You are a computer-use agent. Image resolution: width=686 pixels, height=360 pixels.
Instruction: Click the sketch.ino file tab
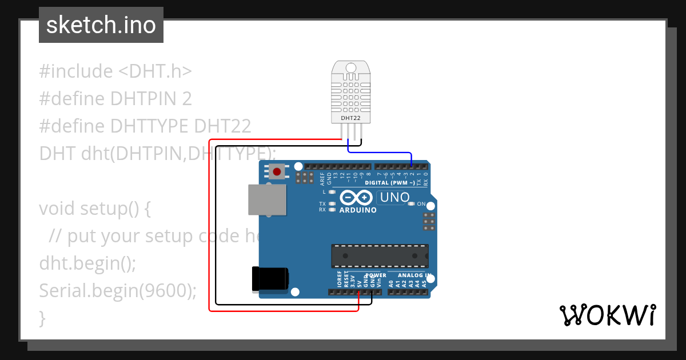point(101,25)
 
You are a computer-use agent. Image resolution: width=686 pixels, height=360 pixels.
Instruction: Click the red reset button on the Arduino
point(278,171)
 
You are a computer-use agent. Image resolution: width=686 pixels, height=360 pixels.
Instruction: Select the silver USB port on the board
point(267,199)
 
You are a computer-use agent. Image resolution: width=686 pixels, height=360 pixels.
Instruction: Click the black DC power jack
point(270,279)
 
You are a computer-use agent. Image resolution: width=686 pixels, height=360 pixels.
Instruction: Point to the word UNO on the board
point(394,198)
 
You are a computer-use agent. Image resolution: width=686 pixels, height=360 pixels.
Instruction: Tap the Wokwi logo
point(607,315)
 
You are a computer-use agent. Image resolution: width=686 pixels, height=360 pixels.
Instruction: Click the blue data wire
point(380,153)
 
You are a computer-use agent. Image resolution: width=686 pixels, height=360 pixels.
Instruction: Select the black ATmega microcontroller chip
point(380,255)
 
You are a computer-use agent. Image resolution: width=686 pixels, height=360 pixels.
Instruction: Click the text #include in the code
point(76,71)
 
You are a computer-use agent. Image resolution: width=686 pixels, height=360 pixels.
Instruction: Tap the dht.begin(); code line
point(87,263)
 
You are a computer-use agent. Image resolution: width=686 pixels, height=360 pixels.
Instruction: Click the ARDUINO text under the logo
point(358,210)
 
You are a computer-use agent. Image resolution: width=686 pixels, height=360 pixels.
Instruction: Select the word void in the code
point(57,208)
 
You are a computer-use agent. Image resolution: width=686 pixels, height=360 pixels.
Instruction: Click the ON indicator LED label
point(421,204)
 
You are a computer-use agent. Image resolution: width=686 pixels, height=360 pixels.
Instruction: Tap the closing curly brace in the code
point(42,318)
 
